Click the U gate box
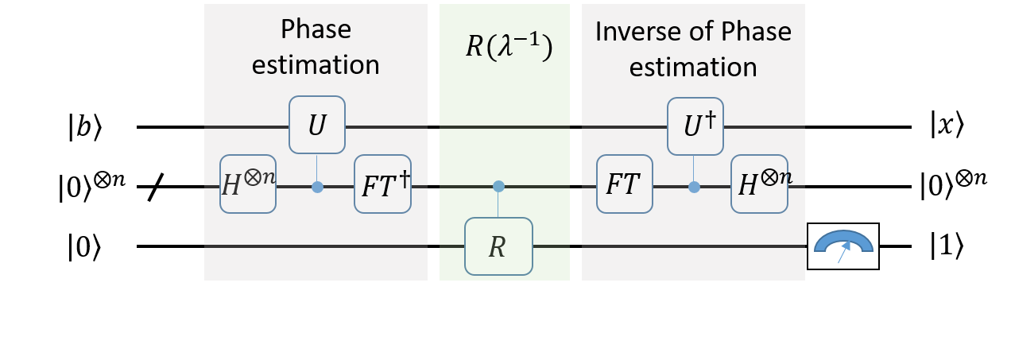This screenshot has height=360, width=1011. point(316,125)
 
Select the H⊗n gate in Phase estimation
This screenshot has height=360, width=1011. point(248,184)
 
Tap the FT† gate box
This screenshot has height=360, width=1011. point(382,184)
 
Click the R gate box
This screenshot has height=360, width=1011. point(498,246)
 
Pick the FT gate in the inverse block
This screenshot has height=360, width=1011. point(625,184)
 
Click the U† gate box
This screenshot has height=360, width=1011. point(695,126)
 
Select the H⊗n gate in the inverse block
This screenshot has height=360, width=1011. point(760,184)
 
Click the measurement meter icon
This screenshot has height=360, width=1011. point(843,246)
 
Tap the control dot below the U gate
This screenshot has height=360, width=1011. point(317,188)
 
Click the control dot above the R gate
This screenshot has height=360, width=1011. point(498,187)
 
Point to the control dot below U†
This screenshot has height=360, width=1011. point(695,188)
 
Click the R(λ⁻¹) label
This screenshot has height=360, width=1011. point(509,48)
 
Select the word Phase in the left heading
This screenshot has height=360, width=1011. point(316,30)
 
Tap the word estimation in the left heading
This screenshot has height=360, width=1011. point(316,64)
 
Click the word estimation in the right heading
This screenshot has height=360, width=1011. point(693,67)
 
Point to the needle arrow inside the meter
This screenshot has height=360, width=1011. point(843,252)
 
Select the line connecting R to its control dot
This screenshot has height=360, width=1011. point(498,204)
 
